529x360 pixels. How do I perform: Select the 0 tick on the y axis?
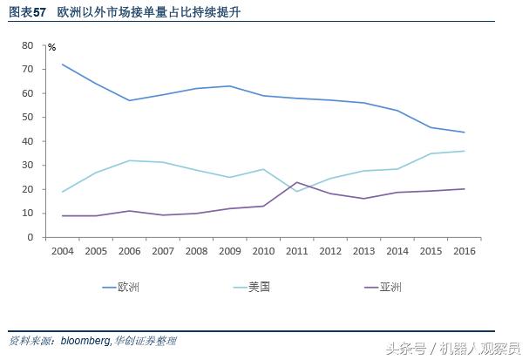point(30,237)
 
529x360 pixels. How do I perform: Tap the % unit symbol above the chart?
point(51,46)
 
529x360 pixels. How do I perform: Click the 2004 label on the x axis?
point(62,252)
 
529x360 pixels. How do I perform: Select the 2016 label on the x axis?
point(465,252)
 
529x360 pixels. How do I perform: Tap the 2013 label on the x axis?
point(363,252)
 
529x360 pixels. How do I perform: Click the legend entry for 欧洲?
point(128,286)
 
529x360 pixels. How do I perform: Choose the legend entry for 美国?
point(259,286)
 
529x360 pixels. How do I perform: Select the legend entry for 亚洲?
point(390,286)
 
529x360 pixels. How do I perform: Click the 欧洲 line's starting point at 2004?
point(63,64)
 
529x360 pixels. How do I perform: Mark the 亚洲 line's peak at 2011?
point(297,182)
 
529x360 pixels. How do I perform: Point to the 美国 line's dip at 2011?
point(297,191)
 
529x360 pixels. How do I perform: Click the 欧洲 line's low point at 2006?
point(130,100)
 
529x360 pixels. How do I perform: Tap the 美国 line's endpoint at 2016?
point(465,151)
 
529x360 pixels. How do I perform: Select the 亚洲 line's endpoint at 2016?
point(465,189)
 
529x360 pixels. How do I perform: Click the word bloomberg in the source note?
point(86,341)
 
